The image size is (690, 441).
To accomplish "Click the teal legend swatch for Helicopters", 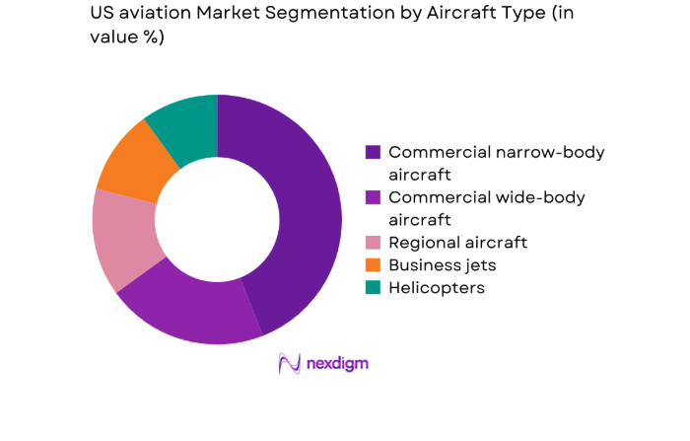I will point(373,287).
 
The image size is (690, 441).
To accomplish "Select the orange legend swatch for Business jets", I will point(373,264).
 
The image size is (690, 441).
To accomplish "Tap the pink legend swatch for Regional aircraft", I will point(373,242).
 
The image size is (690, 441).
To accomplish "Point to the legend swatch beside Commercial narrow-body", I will point(373,152).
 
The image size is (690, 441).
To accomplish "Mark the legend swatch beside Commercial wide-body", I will point(373,197).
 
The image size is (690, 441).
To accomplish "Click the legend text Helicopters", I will point(437,287).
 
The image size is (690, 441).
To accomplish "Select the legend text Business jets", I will point(443,264).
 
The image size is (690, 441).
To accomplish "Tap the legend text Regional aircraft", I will point(457,242).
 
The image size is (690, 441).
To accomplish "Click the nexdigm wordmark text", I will point(337,364).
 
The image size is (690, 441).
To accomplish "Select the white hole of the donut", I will point(217,219).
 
